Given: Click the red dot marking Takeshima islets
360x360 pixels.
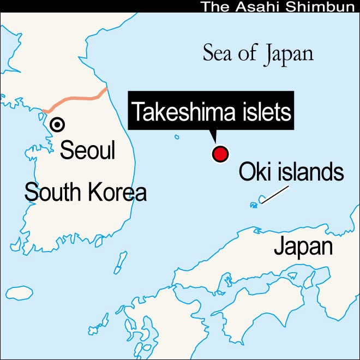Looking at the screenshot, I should pos(220,154).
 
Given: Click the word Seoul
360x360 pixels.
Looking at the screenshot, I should pos(87,150).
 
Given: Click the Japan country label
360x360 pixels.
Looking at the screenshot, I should pos(303,247).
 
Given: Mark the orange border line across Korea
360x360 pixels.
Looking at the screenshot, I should pos(76,100).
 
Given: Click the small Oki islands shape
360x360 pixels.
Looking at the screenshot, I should pos(261,200).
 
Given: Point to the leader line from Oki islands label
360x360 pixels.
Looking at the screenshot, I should pos(275,194).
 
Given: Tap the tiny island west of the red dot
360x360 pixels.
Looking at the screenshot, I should pos(177,137).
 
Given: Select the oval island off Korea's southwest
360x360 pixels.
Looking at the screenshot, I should pos(20,292).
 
